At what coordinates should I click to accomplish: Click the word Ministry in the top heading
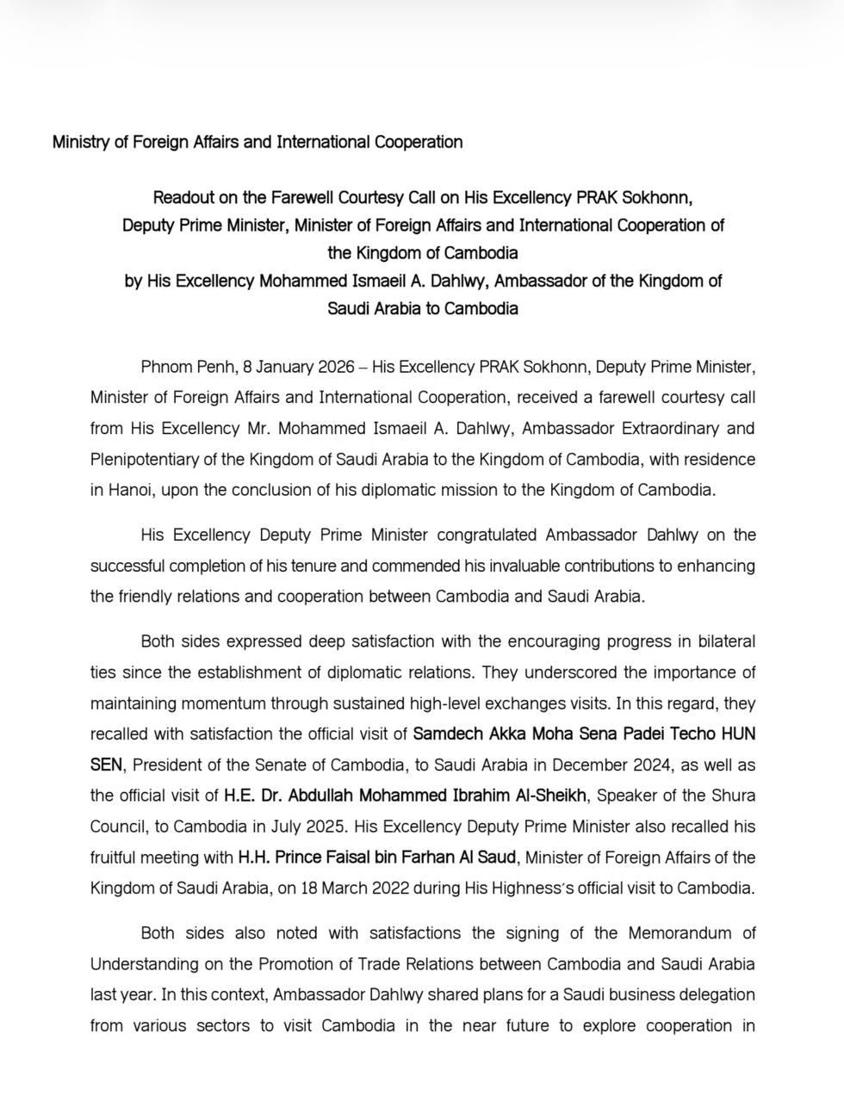point(80,142)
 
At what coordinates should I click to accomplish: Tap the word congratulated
point(487,535)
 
